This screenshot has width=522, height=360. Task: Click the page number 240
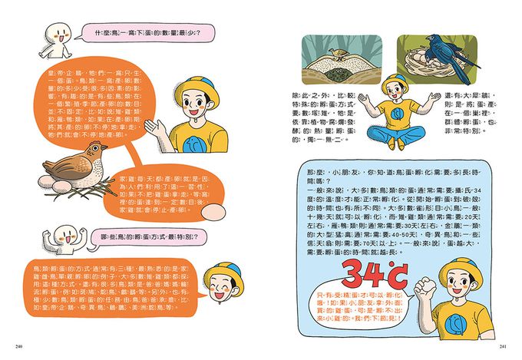(18, 348)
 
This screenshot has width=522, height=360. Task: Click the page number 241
(503, 348)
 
